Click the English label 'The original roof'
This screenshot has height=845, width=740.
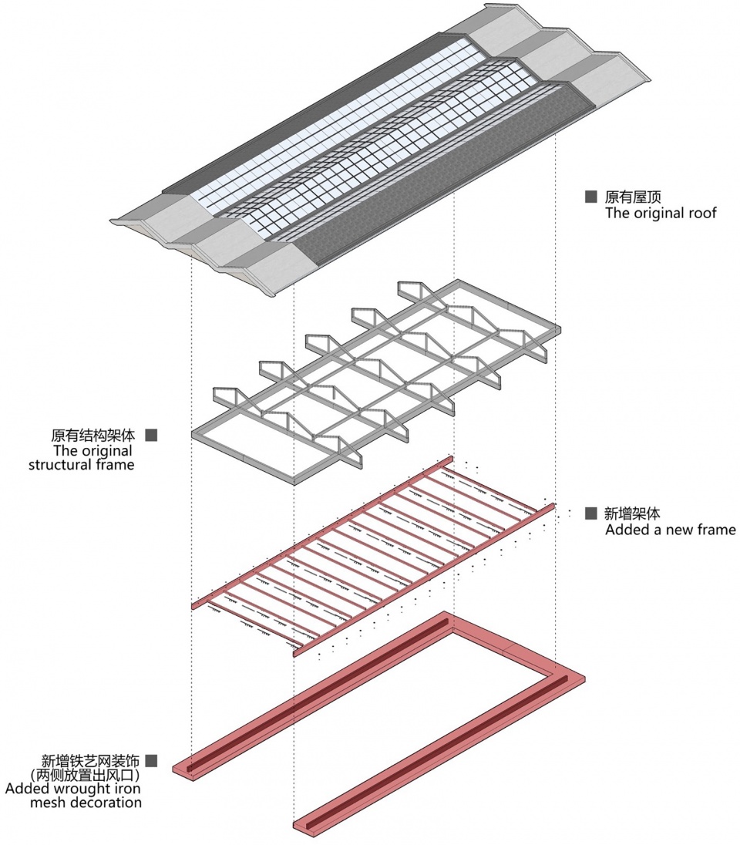click(661, 213)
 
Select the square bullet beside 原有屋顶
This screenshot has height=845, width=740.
click(591, 197)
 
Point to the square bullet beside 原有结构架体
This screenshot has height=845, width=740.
click(151, 435)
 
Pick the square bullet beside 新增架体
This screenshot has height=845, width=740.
click(591, 513)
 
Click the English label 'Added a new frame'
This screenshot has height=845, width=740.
click(670, 530)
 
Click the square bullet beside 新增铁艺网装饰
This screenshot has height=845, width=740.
click(151, 760)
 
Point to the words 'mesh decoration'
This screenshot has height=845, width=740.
click(85, 803)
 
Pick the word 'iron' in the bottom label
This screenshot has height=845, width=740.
click(127, 789)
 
